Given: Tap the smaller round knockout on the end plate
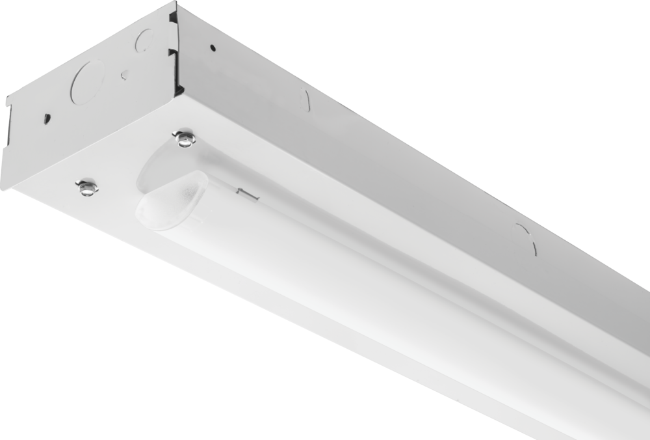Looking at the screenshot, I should pyautogui.click(x=144, y=41).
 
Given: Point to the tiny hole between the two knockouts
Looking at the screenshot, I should pyautogui.click(x=123, y=76).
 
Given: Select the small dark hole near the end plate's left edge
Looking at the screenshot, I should pyautogui.click(x=47, y=118).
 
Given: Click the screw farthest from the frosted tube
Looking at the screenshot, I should pyautogui.click(x=86, y=187).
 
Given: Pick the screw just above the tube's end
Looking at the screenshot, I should pyautogui.click(x=184, y=138).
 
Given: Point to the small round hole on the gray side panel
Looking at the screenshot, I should pyautogui.click(x=213, y=48).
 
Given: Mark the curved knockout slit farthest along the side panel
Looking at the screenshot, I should pyautogui.click(x=526, y=238).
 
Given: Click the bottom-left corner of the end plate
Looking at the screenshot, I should pyautogui.click(x=3, y=187).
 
